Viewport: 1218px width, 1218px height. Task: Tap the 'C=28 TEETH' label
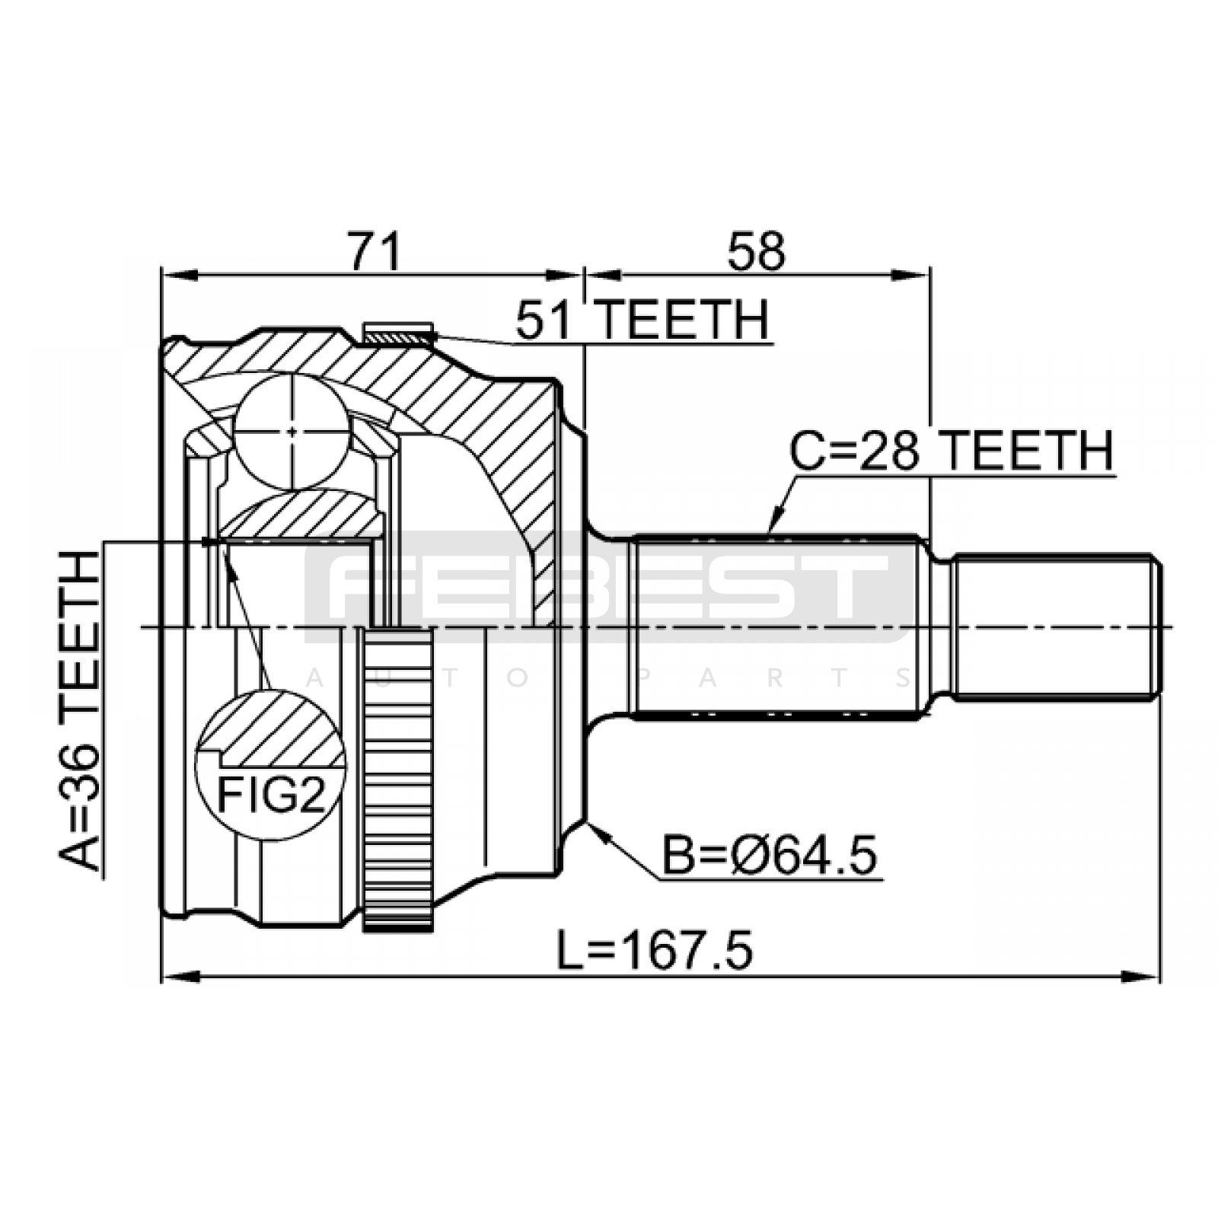952,451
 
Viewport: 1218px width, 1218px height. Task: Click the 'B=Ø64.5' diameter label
770,855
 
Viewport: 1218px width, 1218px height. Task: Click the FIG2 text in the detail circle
271,795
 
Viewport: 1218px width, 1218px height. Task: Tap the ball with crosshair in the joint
292,432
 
